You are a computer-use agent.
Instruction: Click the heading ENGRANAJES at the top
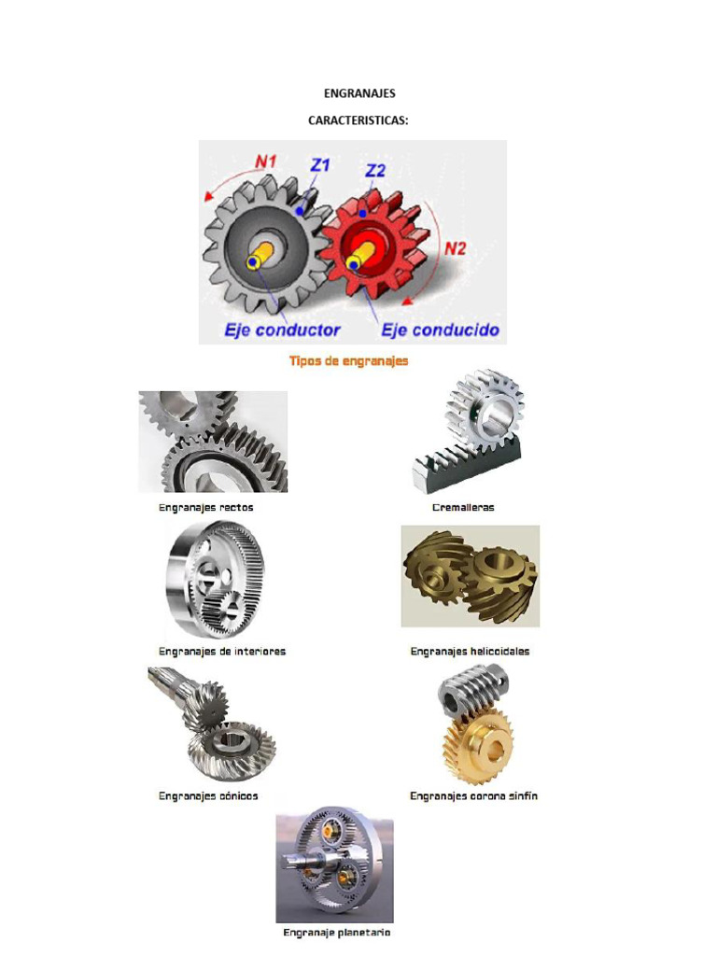coord(359,93)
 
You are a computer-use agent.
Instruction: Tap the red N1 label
coord(266,161)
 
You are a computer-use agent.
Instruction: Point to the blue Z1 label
coord(320,164)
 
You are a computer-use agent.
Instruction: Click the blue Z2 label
coord(375,170)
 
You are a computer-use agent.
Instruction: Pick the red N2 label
coord(455,248)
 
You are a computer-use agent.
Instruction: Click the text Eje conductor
coord(282,330)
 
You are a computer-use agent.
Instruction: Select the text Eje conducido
coord(439,330)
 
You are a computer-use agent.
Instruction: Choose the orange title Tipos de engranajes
coord(348,360)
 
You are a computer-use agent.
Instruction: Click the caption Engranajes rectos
coord(205,508)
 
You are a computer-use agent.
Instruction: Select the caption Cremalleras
coord(463,508)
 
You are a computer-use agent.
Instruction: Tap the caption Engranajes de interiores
coord(222,652)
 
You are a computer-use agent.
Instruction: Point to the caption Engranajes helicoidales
coord(470,652)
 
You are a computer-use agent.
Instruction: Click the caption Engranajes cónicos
coord(208,796)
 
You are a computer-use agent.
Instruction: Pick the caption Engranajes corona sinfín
coord(473,796)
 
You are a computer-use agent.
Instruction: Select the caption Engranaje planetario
coord(336,933)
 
